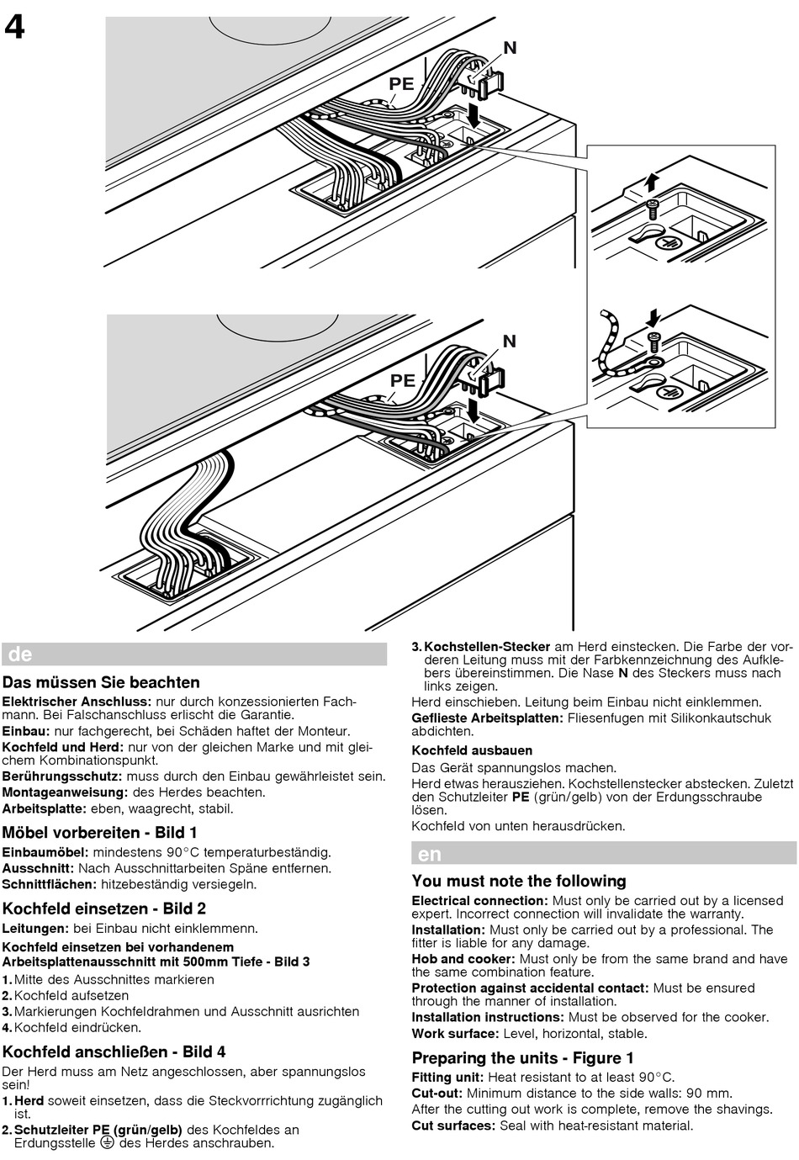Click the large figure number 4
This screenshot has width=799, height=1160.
pos(15,28)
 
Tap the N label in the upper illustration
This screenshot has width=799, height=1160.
pos(510,49)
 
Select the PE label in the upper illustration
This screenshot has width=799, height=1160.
pos(401,84)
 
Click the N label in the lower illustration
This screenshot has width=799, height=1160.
pos(510,341)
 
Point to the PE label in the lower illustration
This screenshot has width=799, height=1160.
pos(403,380)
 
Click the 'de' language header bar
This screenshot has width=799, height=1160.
pos(194,654)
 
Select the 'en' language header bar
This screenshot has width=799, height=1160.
pos(603,854)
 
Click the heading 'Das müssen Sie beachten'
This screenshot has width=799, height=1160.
pos(101,682)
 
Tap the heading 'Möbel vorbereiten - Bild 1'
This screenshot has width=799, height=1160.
pos(100,833)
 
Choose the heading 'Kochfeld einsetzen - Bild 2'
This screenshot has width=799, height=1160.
pos(104,908)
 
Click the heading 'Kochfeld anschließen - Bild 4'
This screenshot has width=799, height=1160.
pos(114,1051)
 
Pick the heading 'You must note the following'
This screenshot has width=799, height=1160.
pos(519,881)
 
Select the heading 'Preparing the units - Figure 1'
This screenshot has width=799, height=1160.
pos(522,1057)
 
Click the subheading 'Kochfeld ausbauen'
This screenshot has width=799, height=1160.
pos(472,750)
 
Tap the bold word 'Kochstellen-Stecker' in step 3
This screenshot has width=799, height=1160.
pos(487,646)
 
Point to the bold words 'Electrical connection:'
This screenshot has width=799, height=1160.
pos(479,900)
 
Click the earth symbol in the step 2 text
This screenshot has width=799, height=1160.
pos(107,1142)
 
